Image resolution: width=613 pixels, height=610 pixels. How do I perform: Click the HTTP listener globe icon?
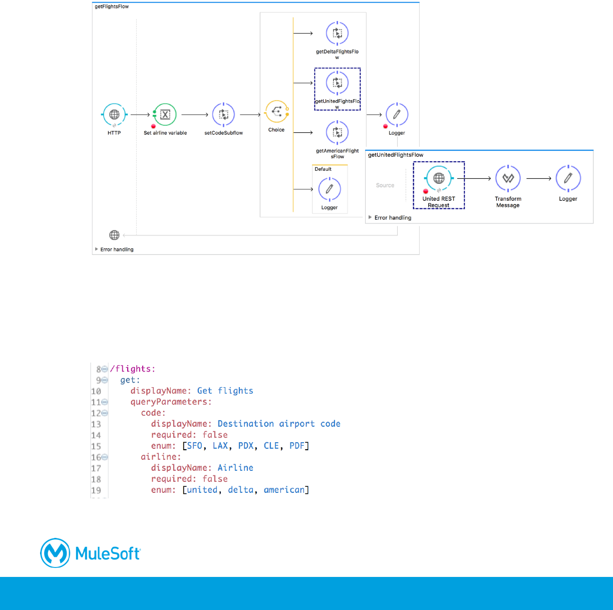click(114, 115)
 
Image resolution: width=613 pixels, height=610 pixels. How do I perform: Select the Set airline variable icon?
click(165, 115)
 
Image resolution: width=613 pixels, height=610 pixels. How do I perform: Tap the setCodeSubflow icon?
click(223, 115)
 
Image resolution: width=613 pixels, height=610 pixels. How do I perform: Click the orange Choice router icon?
click(276, 112)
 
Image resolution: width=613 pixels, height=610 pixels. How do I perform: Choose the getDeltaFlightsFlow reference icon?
click(338, 34)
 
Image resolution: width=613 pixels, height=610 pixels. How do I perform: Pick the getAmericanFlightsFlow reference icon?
click(338, 133)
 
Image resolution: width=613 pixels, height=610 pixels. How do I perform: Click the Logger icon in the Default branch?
click(330, 189)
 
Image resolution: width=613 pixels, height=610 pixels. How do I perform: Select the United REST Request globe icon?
click(439, 178)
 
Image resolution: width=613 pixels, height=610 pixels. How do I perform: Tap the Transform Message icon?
click(508, 178)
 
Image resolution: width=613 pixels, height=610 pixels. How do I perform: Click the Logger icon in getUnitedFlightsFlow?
click(568, 178)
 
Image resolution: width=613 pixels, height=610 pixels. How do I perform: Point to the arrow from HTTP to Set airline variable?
click(140, 115)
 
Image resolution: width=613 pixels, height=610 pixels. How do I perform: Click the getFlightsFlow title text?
click(112, 7)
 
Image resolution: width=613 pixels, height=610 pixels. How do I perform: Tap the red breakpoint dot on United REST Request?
click(426, 191)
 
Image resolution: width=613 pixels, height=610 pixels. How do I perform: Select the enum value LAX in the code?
click(220, 446)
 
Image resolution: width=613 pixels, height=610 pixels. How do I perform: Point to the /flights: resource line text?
click(133, 369)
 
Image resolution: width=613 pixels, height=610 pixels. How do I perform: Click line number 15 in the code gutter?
click(96, 446)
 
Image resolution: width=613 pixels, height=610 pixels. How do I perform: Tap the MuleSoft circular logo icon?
click(55, 553)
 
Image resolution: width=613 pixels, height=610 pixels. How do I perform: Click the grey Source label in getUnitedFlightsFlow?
click(385, 185)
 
